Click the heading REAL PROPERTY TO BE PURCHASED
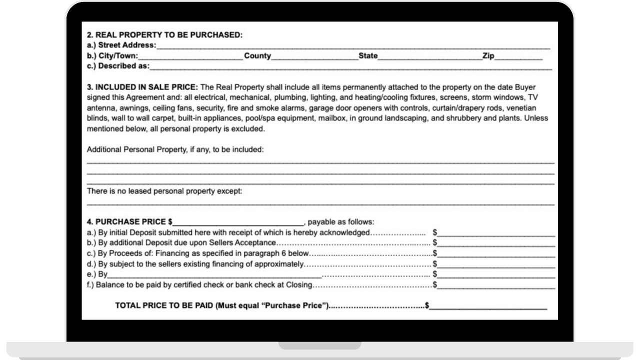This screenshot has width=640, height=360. pos(164,35)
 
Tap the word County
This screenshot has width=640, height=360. pos(257,56)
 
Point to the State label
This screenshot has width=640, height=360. pos(368,56)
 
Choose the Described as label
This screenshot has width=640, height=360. pos(118,66)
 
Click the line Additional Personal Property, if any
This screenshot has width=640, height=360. pos(175,149)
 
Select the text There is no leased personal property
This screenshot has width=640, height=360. pos(164,191)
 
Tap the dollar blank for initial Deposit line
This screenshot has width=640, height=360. pos(496,233)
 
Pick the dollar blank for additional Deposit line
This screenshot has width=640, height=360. pos(496,244)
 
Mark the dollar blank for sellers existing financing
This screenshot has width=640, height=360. pos(496,264)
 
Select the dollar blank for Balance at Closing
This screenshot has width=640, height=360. pos(496,285)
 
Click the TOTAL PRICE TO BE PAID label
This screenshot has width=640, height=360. pos(222,305)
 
